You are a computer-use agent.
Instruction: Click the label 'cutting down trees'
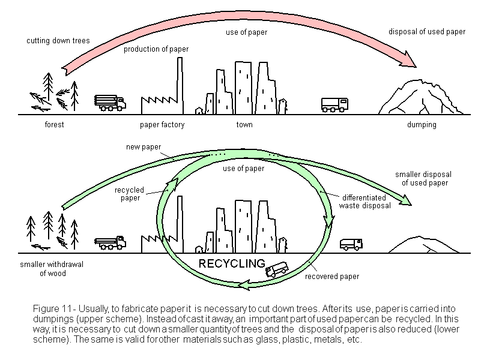[x=58, y=41]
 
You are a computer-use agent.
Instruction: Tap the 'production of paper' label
[x=156, y=49]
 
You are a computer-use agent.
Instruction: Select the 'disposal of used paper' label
[x=426, y=32]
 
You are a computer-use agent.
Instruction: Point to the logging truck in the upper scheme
[x=110, y=103]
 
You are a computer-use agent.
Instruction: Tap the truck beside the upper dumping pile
[x=334, y=105]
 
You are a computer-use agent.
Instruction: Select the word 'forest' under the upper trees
[x=54, y=125]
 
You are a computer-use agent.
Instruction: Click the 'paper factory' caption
[x=162, y=125]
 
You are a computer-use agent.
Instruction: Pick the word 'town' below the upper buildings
[x=244, y=125]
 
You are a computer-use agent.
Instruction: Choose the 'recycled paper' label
[x=129, y=194]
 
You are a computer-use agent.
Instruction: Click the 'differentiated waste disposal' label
[x=366, y=201]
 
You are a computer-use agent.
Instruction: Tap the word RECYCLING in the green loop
[x=232, y=263]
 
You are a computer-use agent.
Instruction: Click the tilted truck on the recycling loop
[x=277, y=271]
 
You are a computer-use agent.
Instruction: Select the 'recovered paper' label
[x=331, y=277]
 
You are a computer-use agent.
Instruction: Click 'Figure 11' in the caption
[x=52, y=308]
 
